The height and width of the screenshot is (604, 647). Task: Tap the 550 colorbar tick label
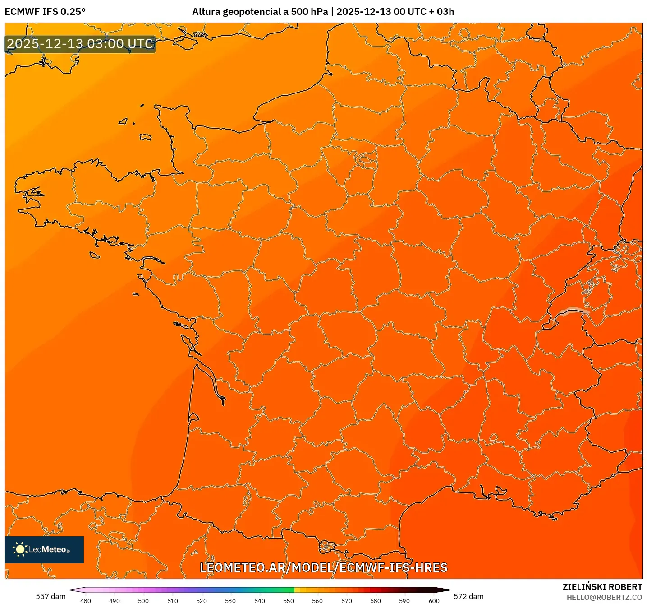point(289,601)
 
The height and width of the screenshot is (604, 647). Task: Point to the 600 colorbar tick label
point(434,601)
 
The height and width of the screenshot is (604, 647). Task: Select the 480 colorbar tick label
point(85,601)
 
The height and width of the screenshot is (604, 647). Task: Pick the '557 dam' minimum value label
point(50,596)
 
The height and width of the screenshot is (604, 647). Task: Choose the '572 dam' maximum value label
point(468,596)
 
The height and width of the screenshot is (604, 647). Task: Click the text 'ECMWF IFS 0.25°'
point(45,12)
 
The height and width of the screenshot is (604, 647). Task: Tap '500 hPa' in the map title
point(309,12)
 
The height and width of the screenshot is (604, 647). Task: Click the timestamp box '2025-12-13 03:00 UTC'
point(80,44)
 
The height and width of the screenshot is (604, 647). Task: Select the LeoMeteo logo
point(44,549)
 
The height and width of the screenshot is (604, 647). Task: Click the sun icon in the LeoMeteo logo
point(20,549)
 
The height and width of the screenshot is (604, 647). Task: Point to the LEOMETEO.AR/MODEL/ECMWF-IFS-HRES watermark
point(323,567)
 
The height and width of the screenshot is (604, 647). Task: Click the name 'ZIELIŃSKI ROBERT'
point(602,587)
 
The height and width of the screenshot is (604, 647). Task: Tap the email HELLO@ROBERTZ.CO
point(604,597)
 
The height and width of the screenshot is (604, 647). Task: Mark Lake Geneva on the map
point(572,311)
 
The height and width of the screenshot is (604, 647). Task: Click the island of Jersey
point(145,137)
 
